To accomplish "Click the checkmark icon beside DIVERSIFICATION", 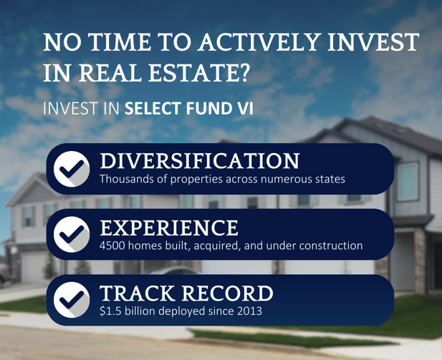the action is coord(72,169).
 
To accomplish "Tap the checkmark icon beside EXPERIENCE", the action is coord(72,234).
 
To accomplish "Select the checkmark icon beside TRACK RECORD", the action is coord(72,300).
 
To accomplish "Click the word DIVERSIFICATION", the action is coord(200,161).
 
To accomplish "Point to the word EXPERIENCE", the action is coord(169,228).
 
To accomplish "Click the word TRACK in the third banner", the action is coord(137,293).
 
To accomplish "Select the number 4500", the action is coord(112,245).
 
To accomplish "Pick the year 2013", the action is coord(250,311).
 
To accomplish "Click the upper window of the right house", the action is coord(408,181).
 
